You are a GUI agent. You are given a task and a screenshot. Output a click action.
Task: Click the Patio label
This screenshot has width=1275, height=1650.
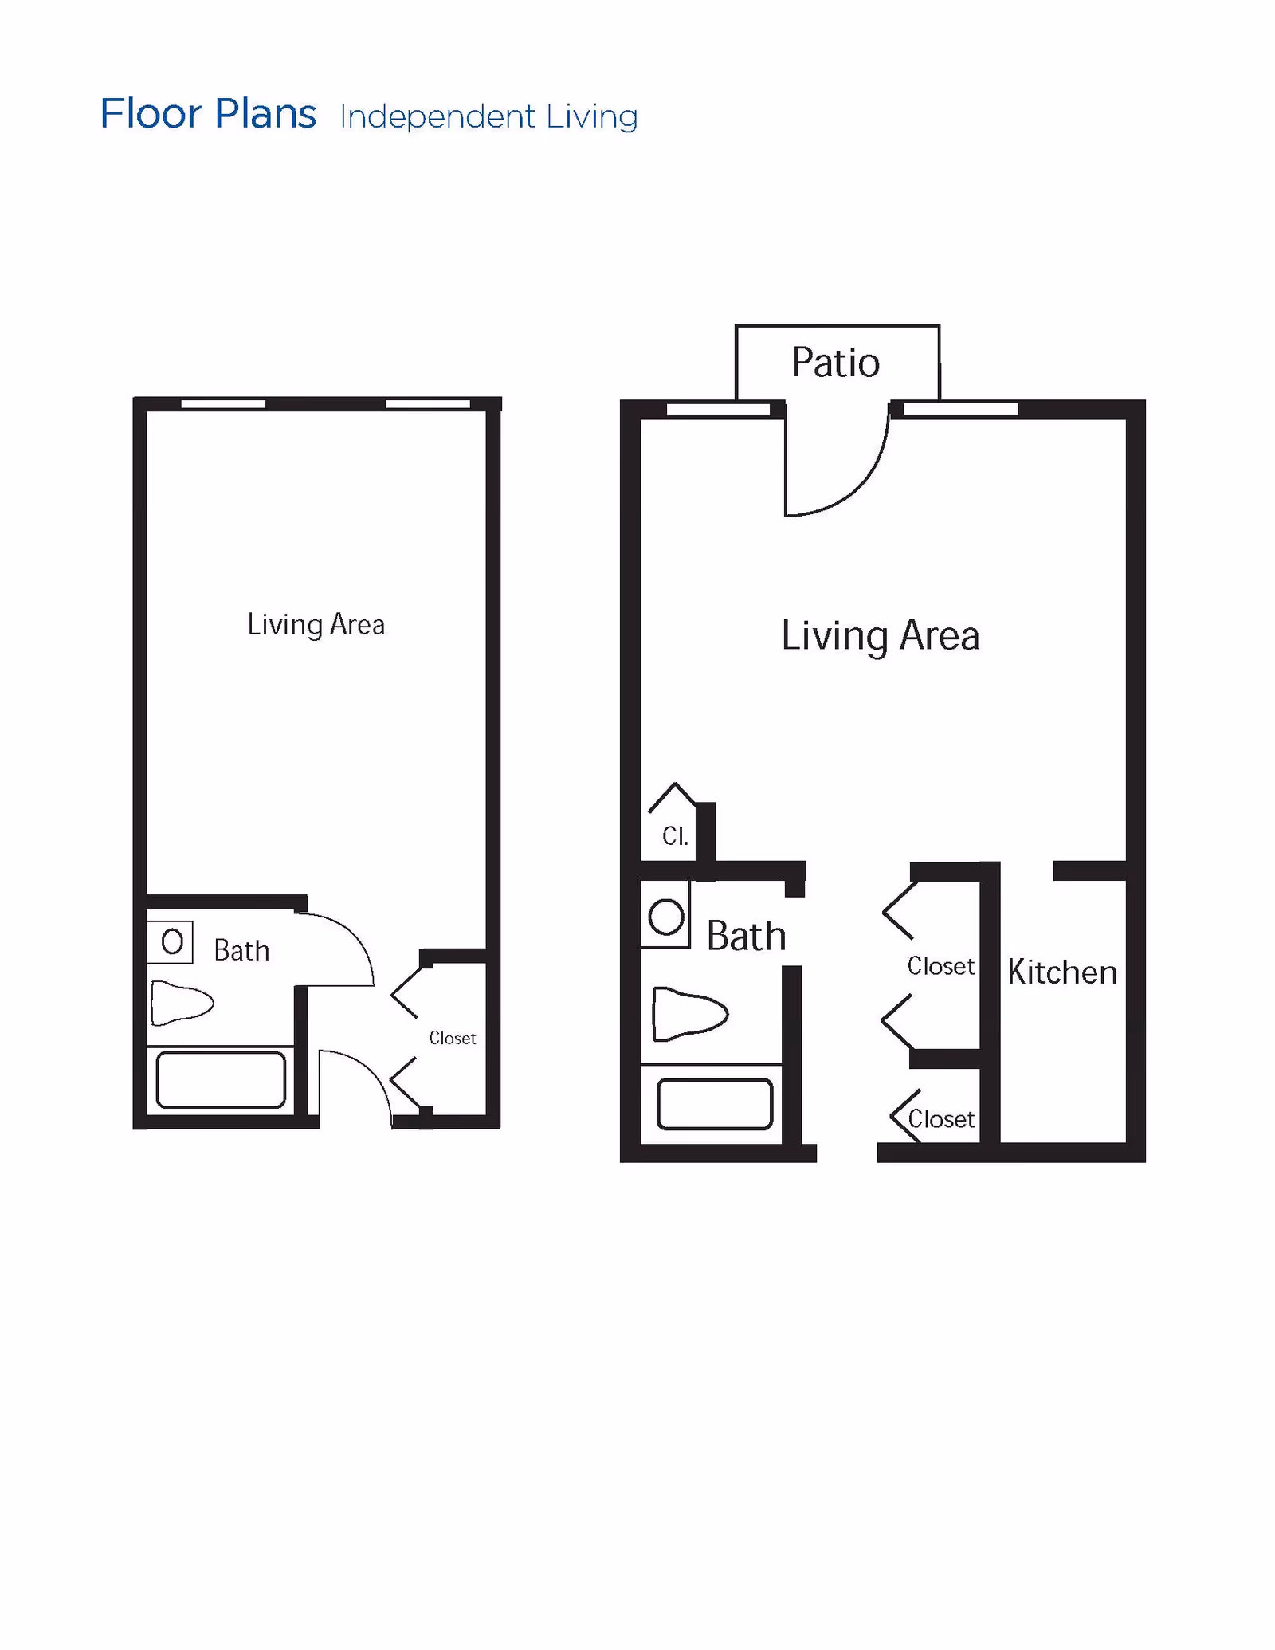(835, 363)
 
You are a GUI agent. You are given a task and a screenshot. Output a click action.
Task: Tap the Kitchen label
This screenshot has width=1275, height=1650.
(1061, 972)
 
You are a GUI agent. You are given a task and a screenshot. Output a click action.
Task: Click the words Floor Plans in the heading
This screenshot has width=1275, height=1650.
(208, 114)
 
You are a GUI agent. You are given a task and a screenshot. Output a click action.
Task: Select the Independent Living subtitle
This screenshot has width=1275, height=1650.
(488, 116)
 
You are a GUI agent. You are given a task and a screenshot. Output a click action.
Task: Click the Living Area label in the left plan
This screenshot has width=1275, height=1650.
(316, 624)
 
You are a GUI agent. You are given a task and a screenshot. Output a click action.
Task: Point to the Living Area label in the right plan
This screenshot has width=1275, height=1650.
(880, 635)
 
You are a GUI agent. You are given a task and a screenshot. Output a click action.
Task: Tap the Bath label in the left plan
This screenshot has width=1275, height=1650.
(241, 950)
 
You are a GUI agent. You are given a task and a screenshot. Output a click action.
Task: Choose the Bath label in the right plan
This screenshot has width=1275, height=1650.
(746, 936)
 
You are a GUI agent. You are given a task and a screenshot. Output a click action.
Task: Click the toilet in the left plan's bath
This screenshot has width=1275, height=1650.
(182, 1002)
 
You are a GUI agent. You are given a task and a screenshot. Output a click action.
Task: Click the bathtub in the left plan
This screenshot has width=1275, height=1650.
(221, 1079)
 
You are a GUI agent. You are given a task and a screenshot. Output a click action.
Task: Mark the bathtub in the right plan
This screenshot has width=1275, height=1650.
(715, 1104)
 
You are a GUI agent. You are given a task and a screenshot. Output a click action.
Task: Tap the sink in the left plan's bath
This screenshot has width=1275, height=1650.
(171, 942)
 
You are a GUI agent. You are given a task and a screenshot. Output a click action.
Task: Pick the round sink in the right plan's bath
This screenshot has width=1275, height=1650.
(666, 917)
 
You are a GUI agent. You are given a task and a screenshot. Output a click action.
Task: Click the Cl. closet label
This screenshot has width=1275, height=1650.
(675, 836)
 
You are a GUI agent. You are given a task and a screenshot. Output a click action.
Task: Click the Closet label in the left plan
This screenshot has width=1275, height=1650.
(452, 1038)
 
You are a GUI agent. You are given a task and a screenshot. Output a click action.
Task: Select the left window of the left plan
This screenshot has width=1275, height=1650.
(223, 404)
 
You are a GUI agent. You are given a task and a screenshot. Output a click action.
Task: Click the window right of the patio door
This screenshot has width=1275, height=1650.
(960, 410)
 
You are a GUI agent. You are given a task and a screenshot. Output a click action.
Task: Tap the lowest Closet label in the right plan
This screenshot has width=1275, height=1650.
(941, 1119)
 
